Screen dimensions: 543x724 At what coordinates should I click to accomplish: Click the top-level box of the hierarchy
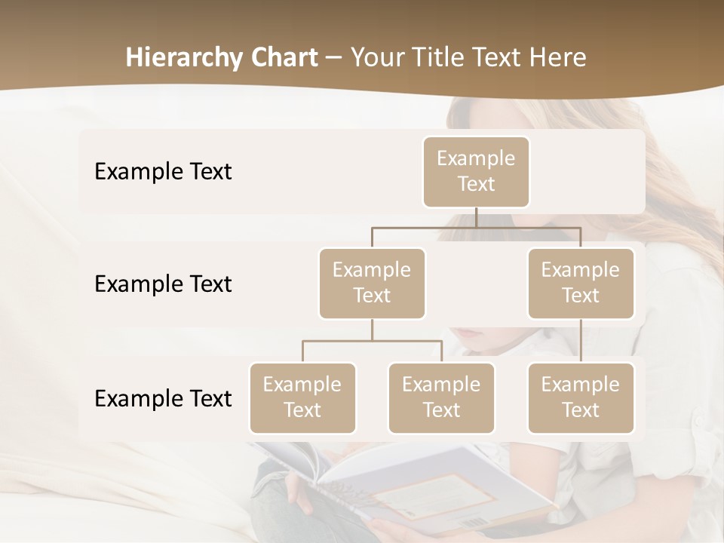pos(476,171)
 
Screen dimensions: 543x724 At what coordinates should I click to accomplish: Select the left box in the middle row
pos(372,283)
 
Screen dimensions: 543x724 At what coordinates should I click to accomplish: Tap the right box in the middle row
pos(581,283)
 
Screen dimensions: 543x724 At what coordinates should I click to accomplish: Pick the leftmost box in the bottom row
pos(302,397)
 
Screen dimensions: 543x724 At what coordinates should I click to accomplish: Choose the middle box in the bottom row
pos(441,397)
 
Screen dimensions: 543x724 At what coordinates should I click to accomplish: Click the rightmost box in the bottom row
pos(581,397)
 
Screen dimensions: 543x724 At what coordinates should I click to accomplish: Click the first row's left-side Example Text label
pos(163,171)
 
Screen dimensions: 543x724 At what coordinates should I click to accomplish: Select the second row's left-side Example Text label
pos(163,284)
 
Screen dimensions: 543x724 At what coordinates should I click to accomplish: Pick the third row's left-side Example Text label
pos(163,398)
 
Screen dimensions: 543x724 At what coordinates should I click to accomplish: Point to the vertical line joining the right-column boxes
pos(581,341)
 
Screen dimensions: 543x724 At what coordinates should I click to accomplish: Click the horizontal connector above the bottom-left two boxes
pos(372,341)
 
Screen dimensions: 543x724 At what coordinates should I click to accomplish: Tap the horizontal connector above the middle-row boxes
pos(476,227)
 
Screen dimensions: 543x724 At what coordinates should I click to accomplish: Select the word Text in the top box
pos(476,184)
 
